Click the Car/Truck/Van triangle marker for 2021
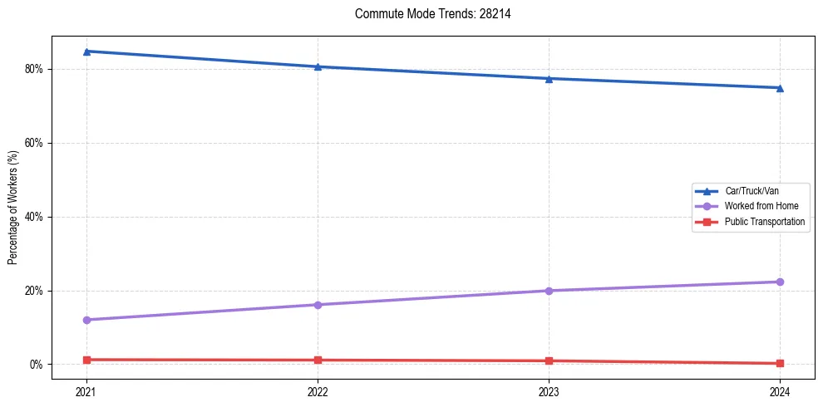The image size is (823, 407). pyautogui.click(x=86, y=51)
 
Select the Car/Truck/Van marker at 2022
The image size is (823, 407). pyautogui.click(x=318, y=66)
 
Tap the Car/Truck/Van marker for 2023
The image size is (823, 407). pyautogui.click(x=549, y=79)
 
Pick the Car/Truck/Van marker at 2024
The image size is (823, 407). pyautogui.click(x=780, y=88)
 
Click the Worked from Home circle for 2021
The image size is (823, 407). pyautogui.click(x=86, y=320)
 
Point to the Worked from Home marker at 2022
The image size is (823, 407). pyautogui.click(x=318, y=305)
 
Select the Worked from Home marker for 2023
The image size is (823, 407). pyautogui.click(x=549, y=291)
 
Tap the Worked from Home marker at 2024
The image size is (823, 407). pyautogui.click(x=780, y=282)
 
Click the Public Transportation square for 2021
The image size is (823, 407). pyautogui.click(x=86, y=360)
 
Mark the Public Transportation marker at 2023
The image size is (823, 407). pyautogui.click(x=549, y=360)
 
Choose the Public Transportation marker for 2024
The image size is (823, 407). pyautogui.click(x=780, y=363)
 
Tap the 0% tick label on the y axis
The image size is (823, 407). pyautogui.click(x=36, y=365)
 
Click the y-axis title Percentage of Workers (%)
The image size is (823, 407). pyautogui.click(x=13, y=208)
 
